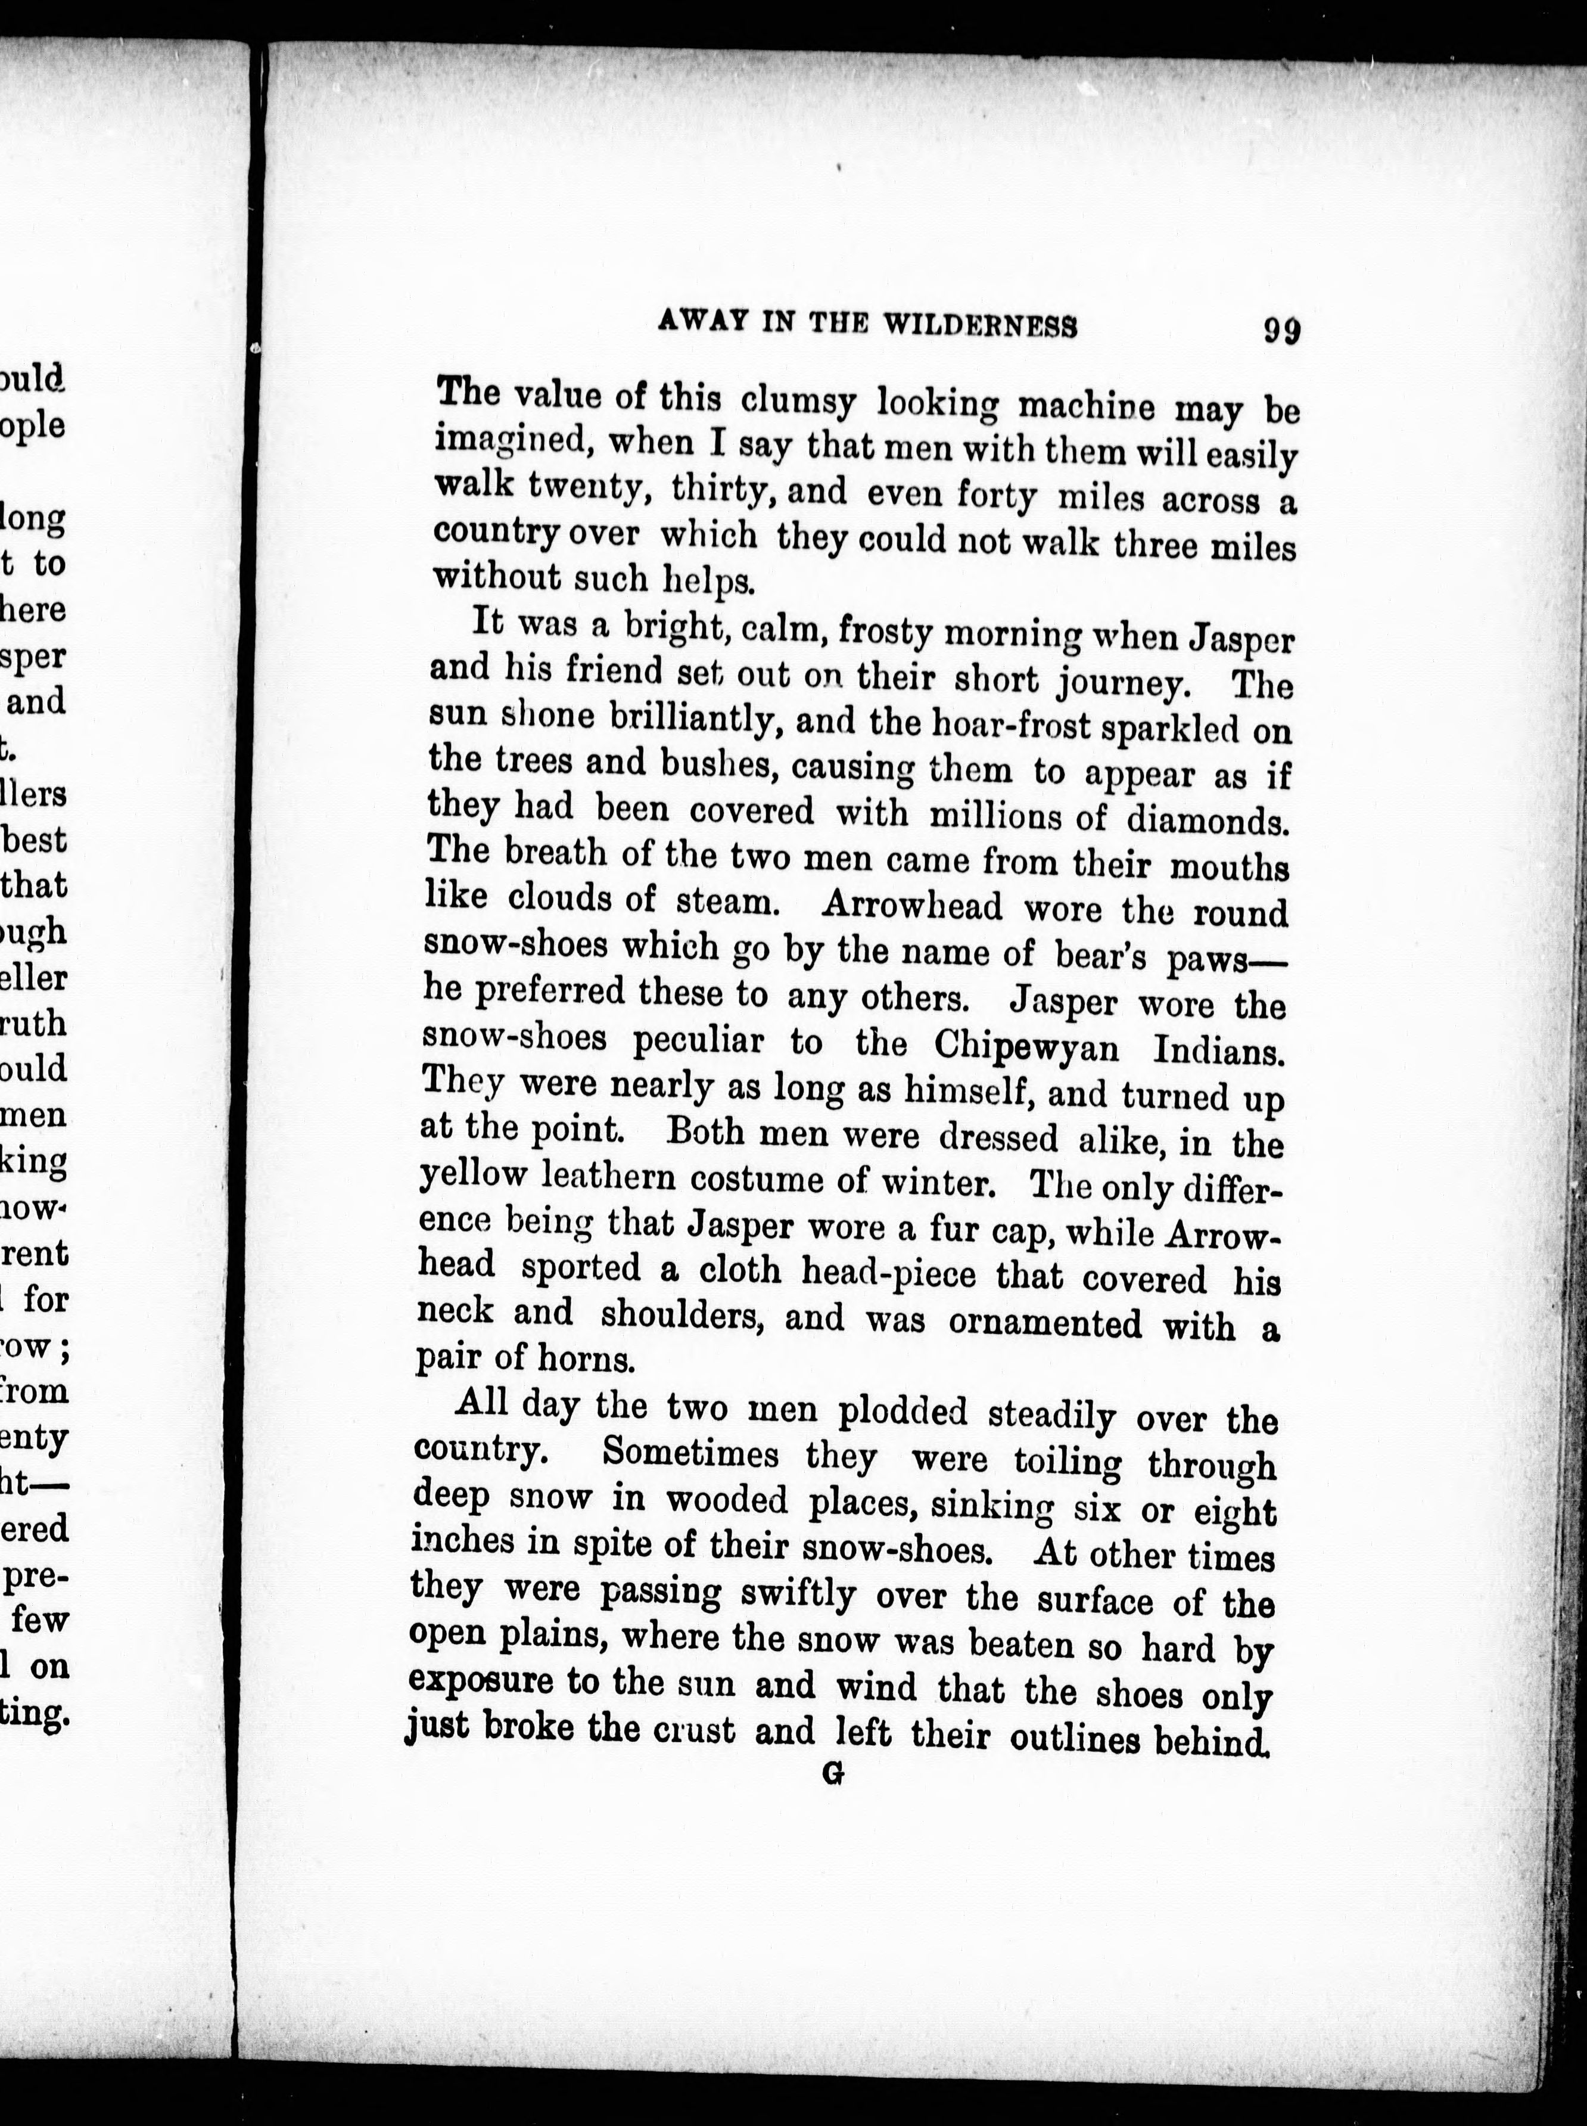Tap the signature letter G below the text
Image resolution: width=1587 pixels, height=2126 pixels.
[x=833, y=1776]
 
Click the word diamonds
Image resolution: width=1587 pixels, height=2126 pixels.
[x=1206, y=819]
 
